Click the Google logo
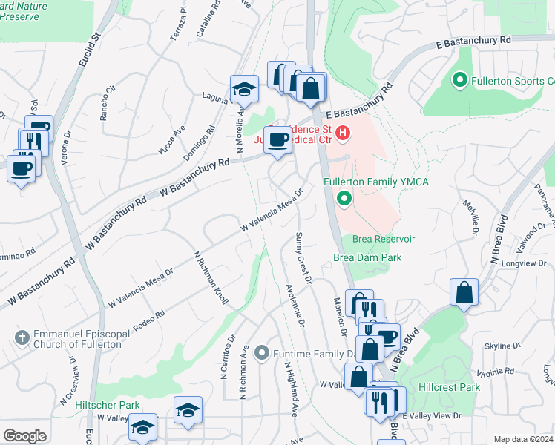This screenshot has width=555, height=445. [24, 435]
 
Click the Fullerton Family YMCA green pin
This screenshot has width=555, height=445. [344, 198]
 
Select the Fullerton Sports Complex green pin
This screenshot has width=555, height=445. [459, 80]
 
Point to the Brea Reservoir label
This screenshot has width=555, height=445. [384, 239]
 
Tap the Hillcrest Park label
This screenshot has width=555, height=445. [449, 387]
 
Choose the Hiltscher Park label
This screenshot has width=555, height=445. [108, 406]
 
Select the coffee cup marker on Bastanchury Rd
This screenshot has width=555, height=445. [278, 139]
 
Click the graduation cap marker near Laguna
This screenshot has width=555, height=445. [243, 90]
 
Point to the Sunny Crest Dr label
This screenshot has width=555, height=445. [303, 257]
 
